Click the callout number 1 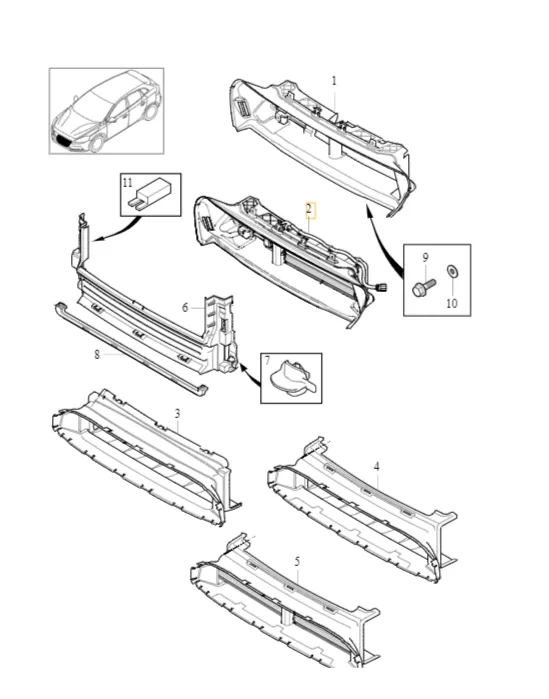coord(334,81)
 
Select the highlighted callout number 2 coord(310,210)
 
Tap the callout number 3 coord(177,413)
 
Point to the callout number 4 coord(377,467)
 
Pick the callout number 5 coord(297,562)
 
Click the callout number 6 coord(185,308)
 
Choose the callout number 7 coord(267,361)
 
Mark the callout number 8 coord(97,354)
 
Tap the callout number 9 coord(425,257)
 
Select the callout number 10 coord(452,303)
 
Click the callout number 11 coord(128,183)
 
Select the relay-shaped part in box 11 coord(149,194)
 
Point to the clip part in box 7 coord(292,378)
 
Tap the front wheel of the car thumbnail coord(97,144)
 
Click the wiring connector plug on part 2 coord(380,288)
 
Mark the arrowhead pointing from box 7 coord(244,368)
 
